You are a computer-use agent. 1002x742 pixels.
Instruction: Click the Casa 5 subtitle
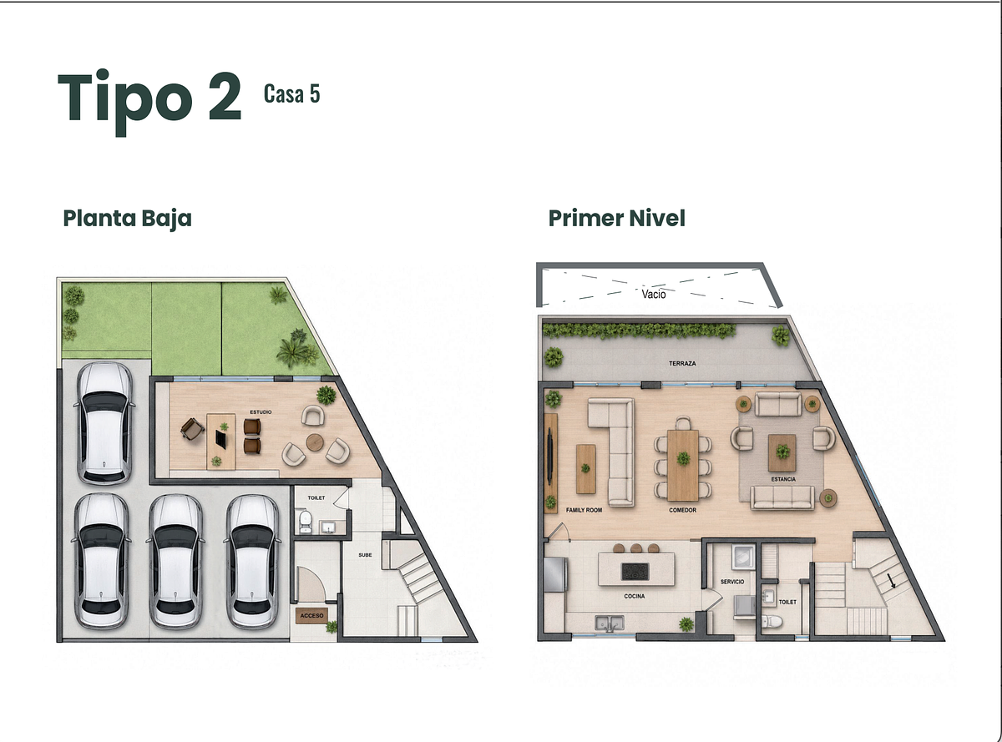(292, 93)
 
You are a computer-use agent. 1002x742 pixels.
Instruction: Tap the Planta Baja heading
(128, 219)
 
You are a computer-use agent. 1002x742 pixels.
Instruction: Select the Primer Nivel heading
(617, 218)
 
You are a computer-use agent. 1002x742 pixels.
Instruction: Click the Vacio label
(654, 295)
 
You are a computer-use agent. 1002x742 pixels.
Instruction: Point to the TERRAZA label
(682, 363)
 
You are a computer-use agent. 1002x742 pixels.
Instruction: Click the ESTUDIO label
(261, 411)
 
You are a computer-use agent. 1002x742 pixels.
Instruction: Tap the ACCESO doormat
(311, 615)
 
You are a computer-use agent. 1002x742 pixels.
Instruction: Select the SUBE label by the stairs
(365, 555)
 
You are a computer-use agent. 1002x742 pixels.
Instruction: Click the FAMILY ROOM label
(584, 510)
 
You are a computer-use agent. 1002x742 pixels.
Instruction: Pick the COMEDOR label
(682, 510)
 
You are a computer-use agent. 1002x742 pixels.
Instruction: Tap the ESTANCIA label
(783, 479)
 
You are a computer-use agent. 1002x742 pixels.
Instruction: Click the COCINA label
(635, 596)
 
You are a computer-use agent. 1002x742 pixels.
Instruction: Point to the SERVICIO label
(731, 582)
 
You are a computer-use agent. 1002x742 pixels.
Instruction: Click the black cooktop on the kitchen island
(635, 571)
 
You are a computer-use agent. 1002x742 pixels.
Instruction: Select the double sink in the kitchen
(610, 623)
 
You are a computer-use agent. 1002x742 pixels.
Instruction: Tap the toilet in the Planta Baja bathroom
(305, 522)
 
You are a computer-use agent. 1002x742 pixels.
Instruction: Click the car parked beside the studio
(104, 423)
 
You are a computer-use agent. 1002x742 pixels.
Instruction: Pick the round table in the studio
(315, 442)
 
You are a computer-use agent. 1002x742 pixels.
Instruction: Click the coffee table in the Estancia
(782, 453)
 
